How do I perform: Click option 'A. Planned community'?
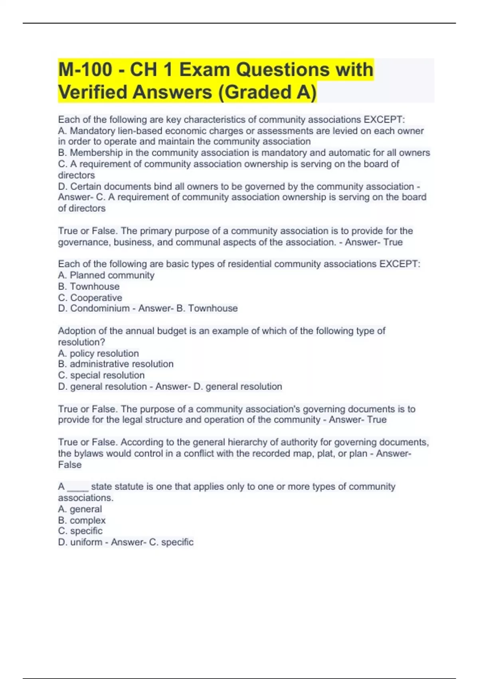coord(106,275)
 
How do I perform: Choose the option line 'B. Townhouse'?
coord(89,286)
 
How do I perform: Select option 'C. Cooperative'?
coord(90,298)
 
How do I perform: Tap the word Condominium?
coord(100,308)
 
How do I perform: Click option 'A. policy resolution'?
coord(99,353)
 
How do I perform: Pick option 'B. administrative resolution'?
coord(116,364)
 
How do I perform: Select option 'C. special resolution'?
coord(101,375)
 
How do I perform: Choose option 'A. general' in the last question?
coord(80,509)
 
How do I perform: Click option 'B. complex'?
coord(82,520)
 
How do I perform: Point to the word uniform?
coord(86,542)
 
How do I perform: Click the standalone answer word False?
coord(70,465)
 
